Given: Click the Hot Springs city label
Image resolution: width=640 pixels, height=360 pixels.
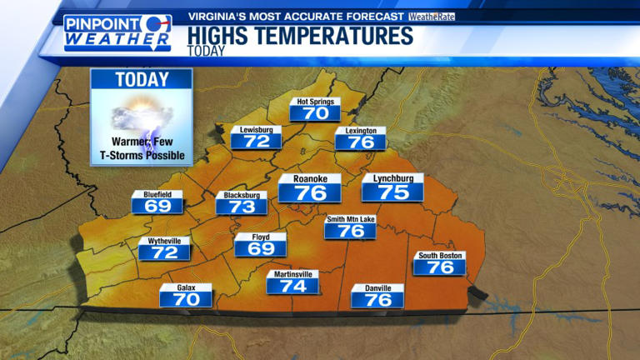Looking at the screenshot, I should pyautogui.click(x=315, y=102).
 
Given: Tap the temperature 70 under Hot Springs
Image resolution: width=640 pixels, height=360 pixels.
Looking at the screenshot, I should pyautogui.click(x=315, y=114).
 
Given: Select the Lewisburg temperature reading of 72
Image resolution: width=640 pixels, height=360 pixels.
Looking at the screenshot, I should pyautogui.click(x=257, y=142).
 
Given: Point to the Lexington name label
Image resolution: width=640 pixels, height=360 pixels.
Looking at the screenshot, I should pyautogui.click(x=361, y=131).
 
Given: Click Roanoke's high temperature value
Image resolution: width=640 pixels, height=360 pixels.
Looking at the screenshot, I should pyautogui.click(x=309, y=193).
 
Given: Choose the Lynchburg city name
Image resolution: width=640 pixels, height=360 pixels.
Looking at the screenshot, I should pyautogui.click(x=392, y=178).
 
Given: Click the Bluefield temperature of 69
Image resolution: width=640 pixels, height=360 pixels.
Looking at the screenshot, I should pyautogui.click(x=157, y=206).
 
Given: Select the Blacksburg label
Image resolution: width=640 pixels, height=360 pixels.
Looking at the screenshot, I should pyautogui.click(x=242, y=196).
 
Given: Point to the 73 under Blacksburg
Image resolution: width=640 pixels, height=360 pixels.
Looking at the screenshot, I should pyautogui.click(x=242, y=207).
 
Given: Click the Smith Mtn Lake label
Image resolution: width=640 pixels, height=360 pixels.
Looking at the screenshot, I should pyautogui.click(x=350, y=219).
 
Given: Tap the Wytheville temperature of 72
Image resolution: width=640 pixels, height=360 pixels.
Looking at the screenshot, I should pyautogui.click(x=164, y=252).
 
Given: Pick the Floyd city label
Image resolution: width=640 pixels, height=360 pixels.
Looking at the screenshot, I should pyautogui.click(x=260, y=237).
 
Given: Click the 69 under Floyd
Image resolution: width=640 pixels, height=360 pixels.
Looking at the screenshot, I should pyautogui.click(x=260, y=248).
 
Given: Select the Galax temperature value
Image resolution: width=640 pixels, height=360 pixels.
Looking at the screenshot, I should pyautogui.click(x=186, y=299).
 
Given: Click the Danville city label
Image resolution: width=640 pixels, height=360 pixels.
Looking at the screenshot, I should pyautogui.click(x=377, y=288).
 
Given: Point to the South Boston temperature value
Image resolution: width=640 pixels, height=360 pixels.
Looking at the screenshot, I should pyautogui.click(x=439, y=267).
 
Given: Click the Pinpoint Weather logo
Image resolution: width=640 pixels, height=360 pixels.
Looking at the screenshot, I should pyautogui.click(x=117, y=32).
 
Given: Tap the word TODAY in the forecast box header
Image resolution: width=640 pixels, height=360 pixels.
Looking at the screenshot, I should pyautogui.click(x=142, y=81).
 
